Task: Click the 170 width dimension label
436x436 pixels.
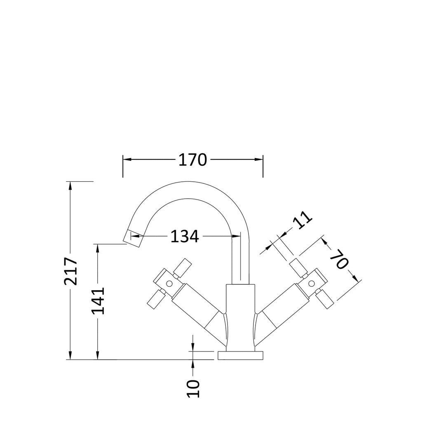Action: [x=193, y=160]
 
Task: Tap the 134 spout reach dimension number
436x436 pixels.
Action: [x=185, y=237]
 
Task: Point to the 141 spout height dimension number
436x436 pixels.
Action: [x=98, y=301]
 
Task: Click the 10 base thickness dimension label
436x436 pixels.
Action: [x=193, y=388]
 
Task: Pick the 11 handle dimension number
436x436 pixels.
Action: [x=302, y=220]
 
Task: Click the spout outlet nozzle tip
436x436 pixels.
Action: [x=134, y=238]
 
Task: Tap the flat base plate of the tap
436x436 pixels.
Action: [x=241, y=356]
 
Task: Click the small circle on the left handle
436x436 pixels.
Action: [x=169, y=284]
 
